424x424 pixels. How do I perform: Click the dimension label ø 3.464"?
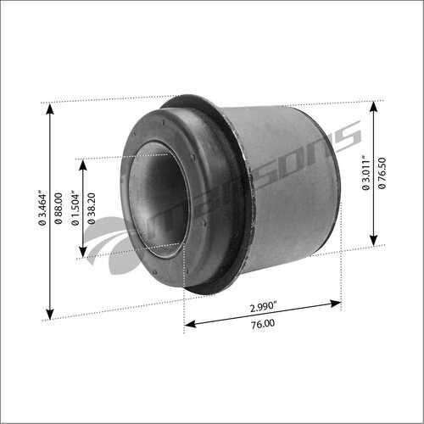pos(42,209)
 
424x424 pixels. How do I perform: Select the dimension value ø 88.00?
pos(59,209)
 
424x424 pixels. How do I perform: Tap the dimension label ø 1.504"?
pos(75,209)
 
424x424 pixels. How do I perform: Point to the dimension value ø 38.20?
pos(91,209)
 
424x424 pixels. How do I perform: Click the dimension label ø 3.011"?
pos(365,172)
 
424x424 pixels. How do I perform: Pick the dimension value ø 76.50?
pos(382,173)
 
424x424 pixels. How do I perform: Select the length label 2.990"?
pos(263,307)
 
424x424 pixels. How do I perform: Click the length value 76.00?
pos(263,324)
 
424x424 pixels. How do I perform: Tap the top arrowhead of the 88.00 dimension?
pos(50,109)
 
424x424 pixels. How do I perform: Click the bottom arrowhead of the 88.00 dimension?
pos(50,315)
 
